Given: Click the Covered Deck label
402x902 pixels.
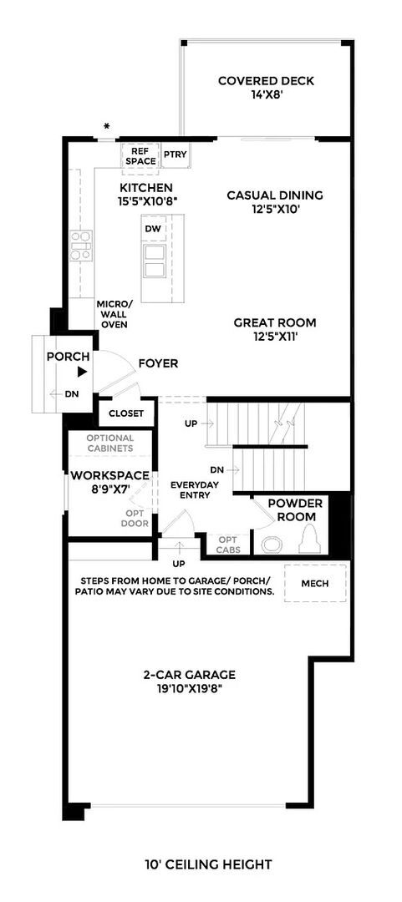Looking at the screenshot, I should [266, 88].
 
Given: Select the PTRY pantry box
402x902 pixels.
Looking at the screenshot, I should [175, 155].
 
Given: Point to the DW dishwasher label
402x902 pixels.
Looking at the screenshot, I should [153, 228].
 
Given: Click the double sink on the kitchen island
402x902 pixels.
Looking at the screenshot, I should [155, 260].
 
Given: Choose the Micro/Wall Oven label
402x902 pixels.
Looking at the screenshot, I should [114, 314].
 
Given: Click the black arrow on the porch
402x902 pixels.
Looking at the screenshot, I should [82, 373].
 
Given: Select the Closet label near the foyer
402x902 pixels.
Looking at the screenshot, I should [126, 413].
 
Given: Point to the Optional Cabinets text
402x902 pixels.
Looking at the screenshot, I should [109, 443].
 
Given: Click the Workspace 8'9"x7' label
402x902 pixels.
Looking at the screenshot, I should [109, 482].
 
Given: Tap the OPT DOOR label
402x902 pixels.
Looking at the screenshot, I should [136, 518].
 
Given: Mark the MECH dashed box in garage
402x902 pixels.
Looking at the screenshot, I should [314, 583].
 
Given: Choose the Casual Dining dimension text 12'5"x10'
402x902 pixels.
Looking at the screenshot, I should [263, 210].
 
